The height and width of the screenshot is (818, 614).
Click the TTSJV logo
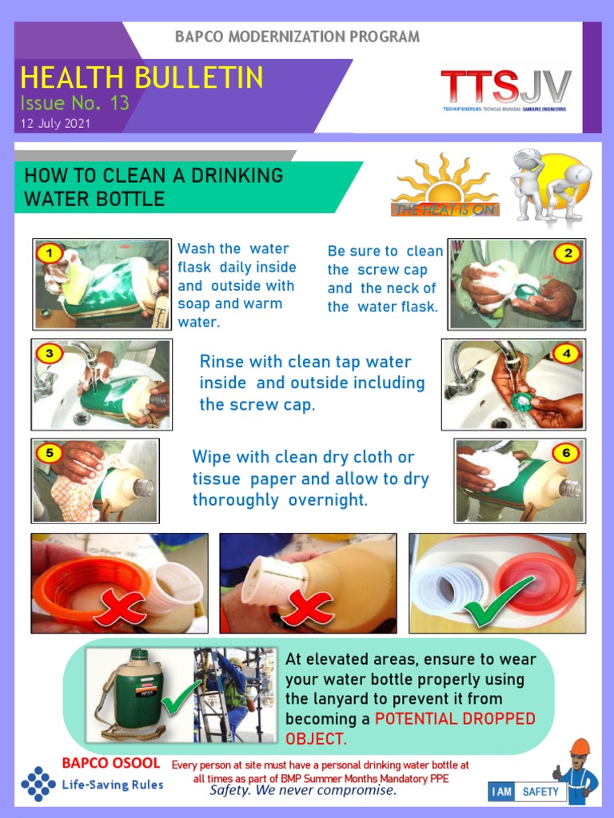(505, 89)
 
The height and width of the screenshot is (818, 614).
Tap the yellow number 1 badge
(50, 254)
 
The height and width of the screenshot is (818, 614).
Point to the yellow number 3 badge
(50, 353)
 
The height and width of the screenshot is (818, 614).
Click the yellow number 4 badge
(566, 353)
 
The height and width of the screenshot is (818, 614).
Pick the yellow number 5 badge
(50, 453)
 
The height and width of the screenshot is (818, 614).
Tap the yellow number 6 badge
(566, 453)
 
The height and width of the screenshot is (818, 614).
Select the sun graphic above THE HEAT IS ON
(443, 181)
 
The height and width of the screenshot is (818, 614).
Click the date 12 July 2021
(55, 124)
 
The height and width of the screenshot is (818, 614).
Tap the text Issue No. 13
(74, 103)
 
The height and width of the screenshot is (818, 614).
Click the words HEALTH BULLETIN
(142, 77)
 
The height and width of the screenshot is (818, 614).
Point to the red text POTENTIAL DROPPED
(455, 719)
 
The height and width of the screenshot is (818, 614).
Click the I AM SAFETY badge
(527, 792)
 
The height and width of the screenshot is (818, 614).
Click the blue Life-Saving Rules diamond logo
(38, 783)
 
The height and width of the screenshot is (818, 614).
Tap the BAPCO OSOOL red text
(110, 763)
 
